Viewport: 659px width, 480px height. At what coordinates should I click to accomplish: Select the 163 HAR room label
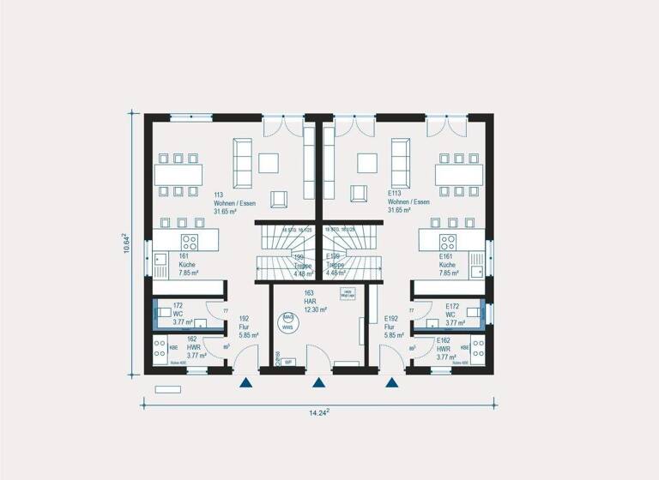point(311,302)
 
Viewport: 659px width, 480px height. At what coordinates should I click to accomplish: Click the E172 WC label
point(454,315)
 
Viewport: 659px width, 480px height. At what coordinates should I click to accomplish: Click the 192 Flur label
point(245,327)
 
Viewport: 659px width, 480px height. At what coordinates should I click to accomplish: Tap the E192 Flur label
point(390,327)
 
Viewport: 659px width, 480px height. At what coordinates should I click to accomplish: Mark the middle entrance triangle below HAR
point(319,383)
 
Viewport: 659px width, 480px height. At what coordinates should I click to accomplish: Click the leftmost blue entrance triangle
point(246,383)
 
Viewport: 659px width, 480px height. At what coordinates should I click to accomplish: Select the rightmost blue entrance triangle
point(392,383)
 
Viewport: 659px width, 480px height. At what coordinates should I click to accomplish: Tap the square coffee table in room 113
point(269,162)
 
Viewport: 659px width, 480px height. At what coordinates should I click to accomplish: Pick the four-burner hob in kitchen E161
point(448,241)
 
